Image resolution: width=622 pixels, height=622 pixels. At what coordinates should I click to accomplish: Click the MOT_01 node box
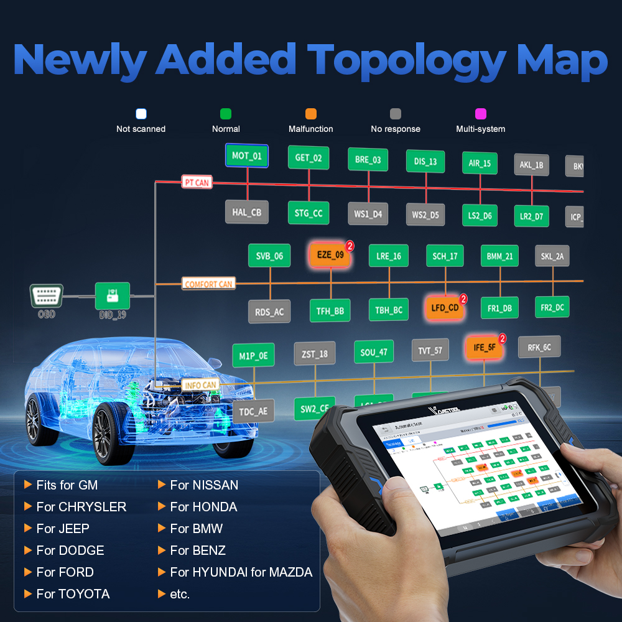[x=246, y=156]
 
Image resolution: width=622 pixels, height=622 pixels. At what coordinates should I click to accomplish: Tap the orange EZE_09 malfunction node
[x=330, y=255]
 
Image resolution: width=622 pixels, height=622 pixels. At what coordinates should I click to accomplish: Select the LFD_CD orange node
[x=445, y=308]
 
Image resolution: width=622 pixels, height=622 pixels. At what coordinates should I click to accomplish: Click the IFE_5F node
[x=484, y=348]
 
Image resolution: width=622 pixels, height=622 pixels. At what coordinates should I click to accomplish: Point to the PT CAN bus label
[x=197, y=182]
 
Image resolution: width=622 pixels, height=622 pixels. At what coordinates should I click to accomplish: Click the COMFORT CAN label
[x=208, y=284]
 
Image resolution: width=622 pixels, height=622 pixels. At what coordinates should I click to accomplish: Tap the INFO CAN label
[x=200, y=385]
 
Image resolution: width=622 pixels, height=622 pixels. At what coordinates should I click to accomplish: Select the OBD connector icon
[x=47, y=295]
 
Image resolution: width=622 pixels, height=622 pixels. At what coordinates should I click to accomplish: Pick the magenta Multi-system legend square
[x=480, y=114]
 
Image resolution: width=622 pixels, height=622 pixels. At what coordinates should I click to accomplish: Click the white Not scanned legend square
[x=141, y=114]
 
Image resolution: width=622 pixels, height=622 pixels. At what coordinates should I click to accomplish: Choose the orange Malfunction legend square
[x=311, y=114]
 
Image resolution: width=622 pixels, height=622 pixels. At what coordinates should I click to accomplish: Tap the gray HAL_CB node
[x=247, y=212]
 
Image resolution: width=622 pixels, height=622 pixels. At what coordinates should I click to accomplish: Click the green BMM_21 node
[x=499, y=256]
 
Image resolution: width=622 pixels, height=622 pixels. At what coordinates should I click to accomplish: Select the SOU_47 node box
[x=374, y=353]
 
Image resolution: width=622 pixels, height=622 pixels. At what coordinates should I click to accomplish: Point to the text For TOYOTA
[x=73, y=594]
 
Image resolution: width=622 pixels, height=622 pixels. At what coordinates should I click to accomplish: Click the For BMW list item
[x=196, y=529]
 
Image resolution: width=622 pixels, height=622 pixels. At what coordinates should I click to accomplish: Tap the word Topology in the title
[x=408, y=60]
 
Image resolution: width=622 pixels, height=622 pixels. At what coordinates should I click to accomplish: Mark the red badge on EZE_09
[x=350, y=246]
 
